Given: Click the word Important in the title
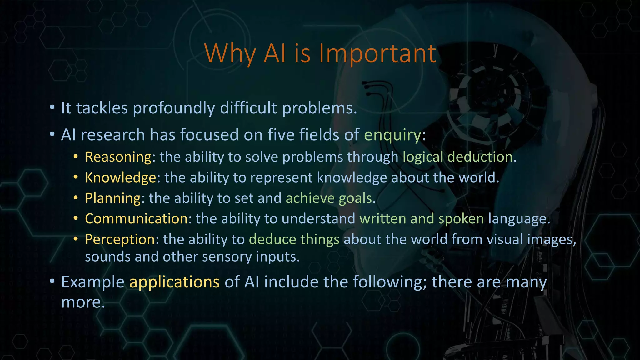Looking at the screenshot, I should pos(377,53).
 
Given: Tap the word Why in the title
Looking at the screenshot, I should pos(230,53).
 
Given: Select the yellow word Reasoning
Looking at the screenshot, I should pos(118,157).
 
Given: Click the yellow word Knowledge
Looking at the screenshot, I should pos(121,177).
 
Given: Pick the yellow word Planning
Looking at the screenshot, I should pos(113,198).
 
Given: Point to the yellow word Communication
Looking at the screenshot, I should pos(136,219).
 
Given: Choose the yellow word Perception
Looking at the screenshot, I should pos(120,239).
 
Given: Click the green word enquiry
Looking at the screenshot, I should pos(393,135).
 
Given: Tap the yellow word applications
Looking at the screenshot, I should pos(174,282).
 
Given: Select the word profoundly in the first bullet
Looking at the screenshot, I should pos(174,108).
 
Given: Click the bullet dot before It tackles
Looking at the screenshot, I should pos(52,108).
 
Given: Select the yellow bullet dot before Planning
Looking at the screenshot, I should pos(76,198).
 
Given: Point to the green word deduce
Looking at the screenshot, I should pos(272,239).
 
